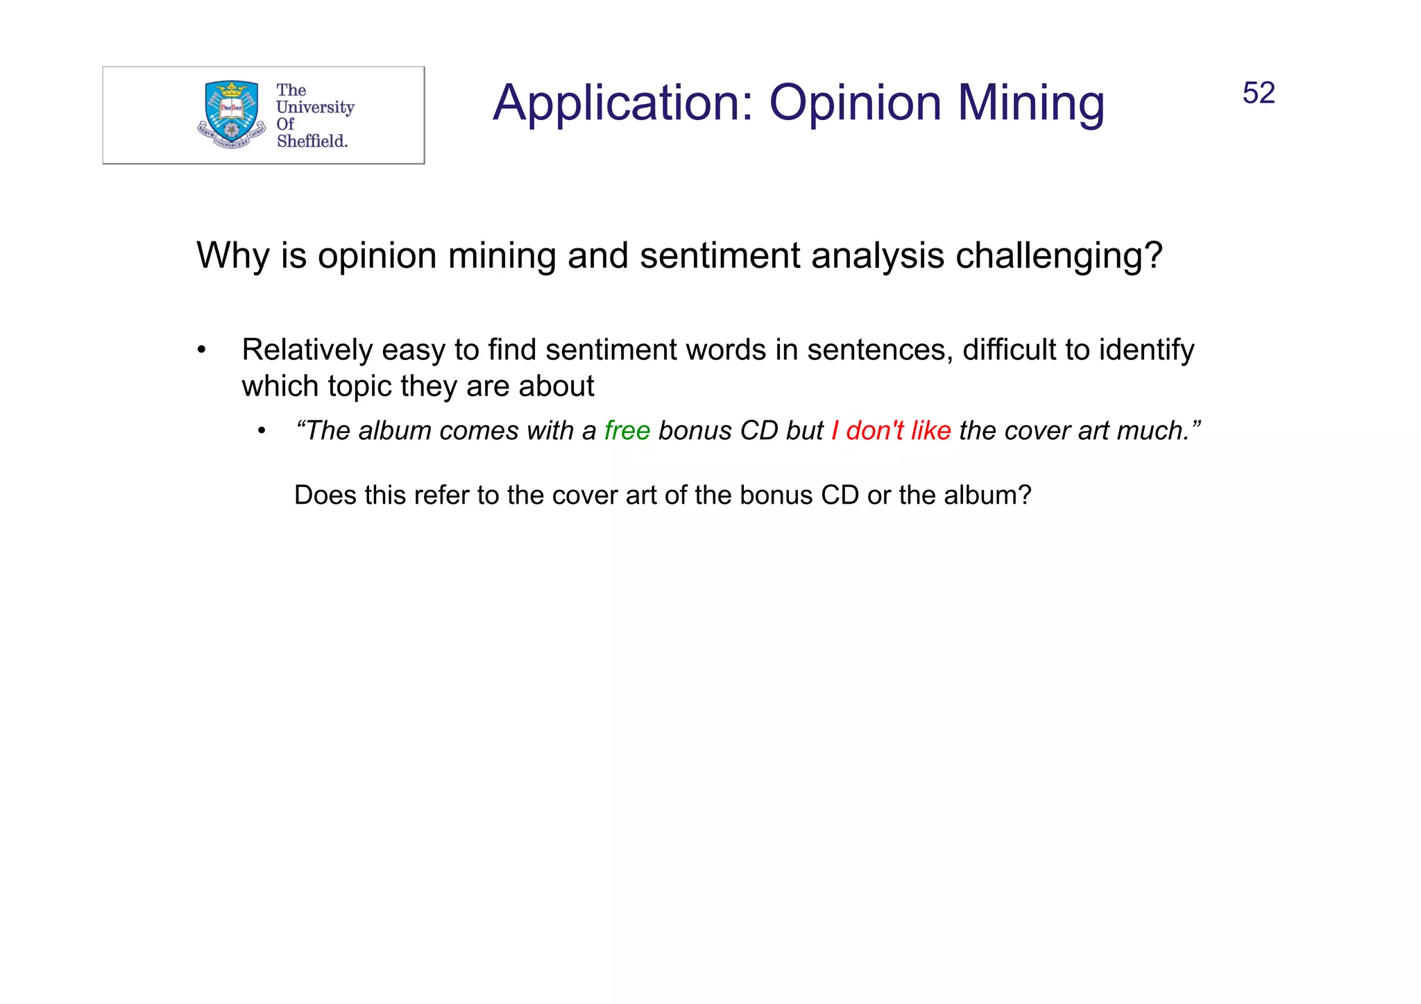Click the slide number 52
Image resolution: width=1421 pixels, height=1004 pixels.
[x=1258, y=93]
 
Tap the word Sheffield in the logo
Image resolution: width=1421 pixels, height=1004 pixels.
[x=312, y=141]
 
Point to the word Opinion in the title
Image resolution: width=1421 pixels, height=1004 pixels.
[x=855, y=103]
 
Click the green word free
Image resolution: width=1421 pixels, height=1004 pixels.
[x=627, y=431]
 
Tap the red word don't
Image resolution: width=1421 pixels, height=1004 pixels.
[x=874, y=431]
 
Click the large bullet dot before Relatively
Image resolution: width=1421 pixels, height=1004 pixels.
[x=201, y=350]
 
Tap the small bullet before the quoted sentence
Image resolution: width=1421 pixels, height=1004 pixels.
[x=262, y=432]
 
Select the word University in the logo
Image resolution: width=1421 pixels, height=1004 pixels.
[x=315, y=108]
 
